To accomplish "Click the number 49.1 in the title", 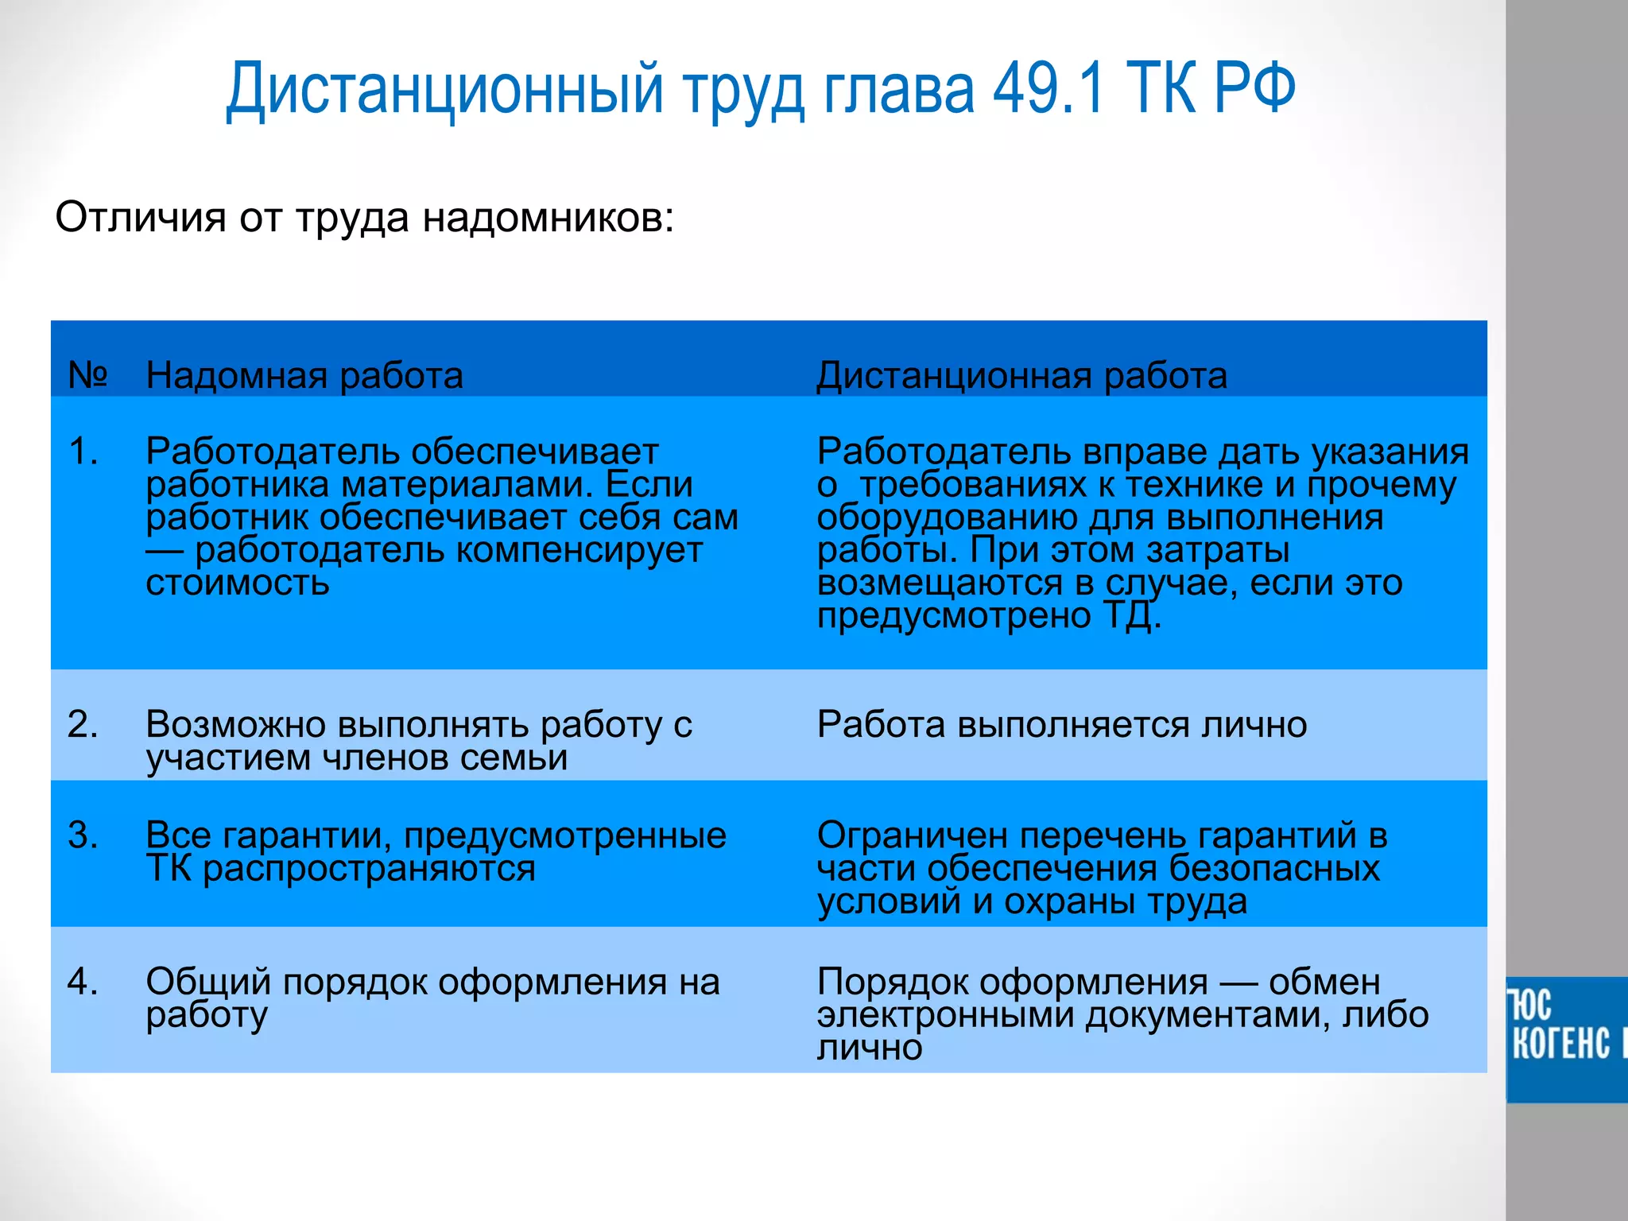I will coord(1049,89).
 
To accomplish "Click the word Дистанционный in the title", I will coord(444,89).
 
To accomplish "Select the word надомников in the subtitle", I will coord(548,218).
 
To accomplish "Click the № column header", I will coord(87,374).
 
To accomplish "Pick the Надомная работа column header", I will coord(304,375).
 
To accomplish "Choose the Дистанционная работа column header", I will coord(1021,375).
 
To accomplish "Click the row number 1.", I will coord(83,452).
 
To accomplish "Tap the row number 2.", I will coord(83,724).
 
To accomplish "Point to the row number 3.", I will coord(83,835).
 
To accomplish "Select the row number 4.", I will coord(83,981).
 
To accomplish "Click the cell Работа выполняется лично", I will coord(1061,724).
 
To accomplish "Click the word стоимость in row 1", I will coord(237,583).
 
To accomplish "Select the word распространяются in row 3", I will coord(369,868).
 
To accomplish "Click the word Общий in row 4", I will coord(208,982).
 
